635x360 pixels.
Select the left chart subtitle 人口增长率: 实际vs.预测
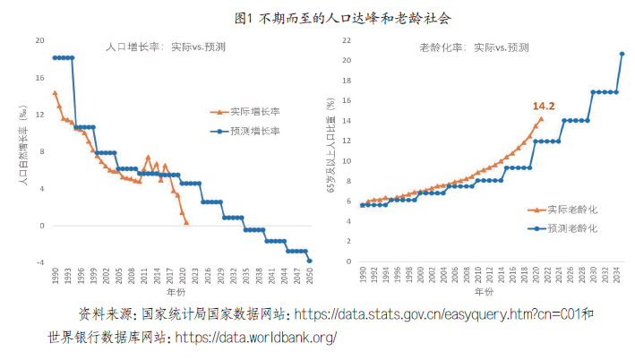click(159, 47)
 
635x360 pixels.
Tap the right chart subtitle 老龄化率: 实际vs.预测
click(474, 47)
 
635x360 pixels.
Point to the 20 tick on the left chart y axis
click(39, 40)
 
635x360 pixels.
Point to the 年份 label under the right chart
click(485, 293)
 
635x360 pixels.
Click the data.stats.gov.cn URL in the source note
click(436, 314)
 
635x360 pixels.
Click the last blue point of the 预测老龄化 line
click(622, 54)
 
